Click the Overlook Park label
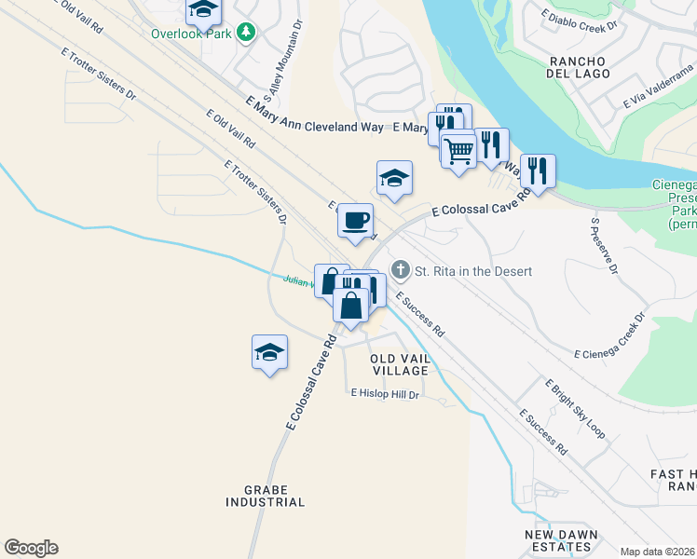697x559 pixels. [x=190, y=34]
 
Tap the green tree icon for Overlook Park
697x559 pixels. [x=246, y=34]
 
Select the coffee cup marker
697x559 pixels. [x=355, y=221]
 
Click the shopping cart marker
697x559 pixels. [x=458, y=149]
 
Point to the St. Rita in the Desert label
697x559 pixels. [x=472, y=271]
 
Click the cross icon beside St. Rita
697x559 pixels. [x=401, y=270]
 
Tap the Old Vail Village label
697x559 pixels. [x=399, y=364]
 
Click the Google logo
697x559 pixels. [x=31, y=548]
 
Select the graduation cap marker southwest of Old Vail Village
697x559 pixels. [x=269, y=353]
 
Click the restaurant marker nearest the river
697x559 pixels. [x=538, y=171]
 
